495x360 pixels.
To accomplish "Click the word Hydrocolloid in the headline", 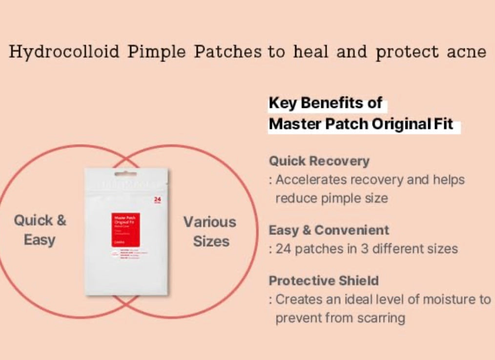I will coord(64,52).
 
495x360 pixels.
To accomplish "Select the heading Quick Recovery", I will coord(319,161).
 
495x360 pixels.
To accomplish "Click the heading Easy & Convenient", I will coord(329,230).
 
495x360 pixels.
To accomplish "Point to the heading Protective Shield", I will coord(324,281).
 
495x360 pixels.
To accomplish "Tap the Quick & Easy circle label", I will coord(40,230).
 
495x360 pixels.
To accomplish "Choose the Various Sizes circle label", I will coord(210,232).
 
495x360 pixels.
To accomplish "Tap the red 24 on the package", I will coord(157,199).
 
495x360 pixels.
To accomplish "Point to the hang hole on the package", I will coord(126,173).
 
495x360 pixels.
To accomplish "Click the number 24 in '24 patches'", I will coord(284,249).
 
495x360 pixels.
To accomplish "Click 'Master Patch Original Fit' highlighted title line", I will coord(361,125).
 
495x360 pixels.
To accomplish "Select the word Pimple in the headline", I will coord(157,52).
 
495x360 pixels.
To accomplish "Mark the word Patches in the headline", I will coord(227,52).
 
